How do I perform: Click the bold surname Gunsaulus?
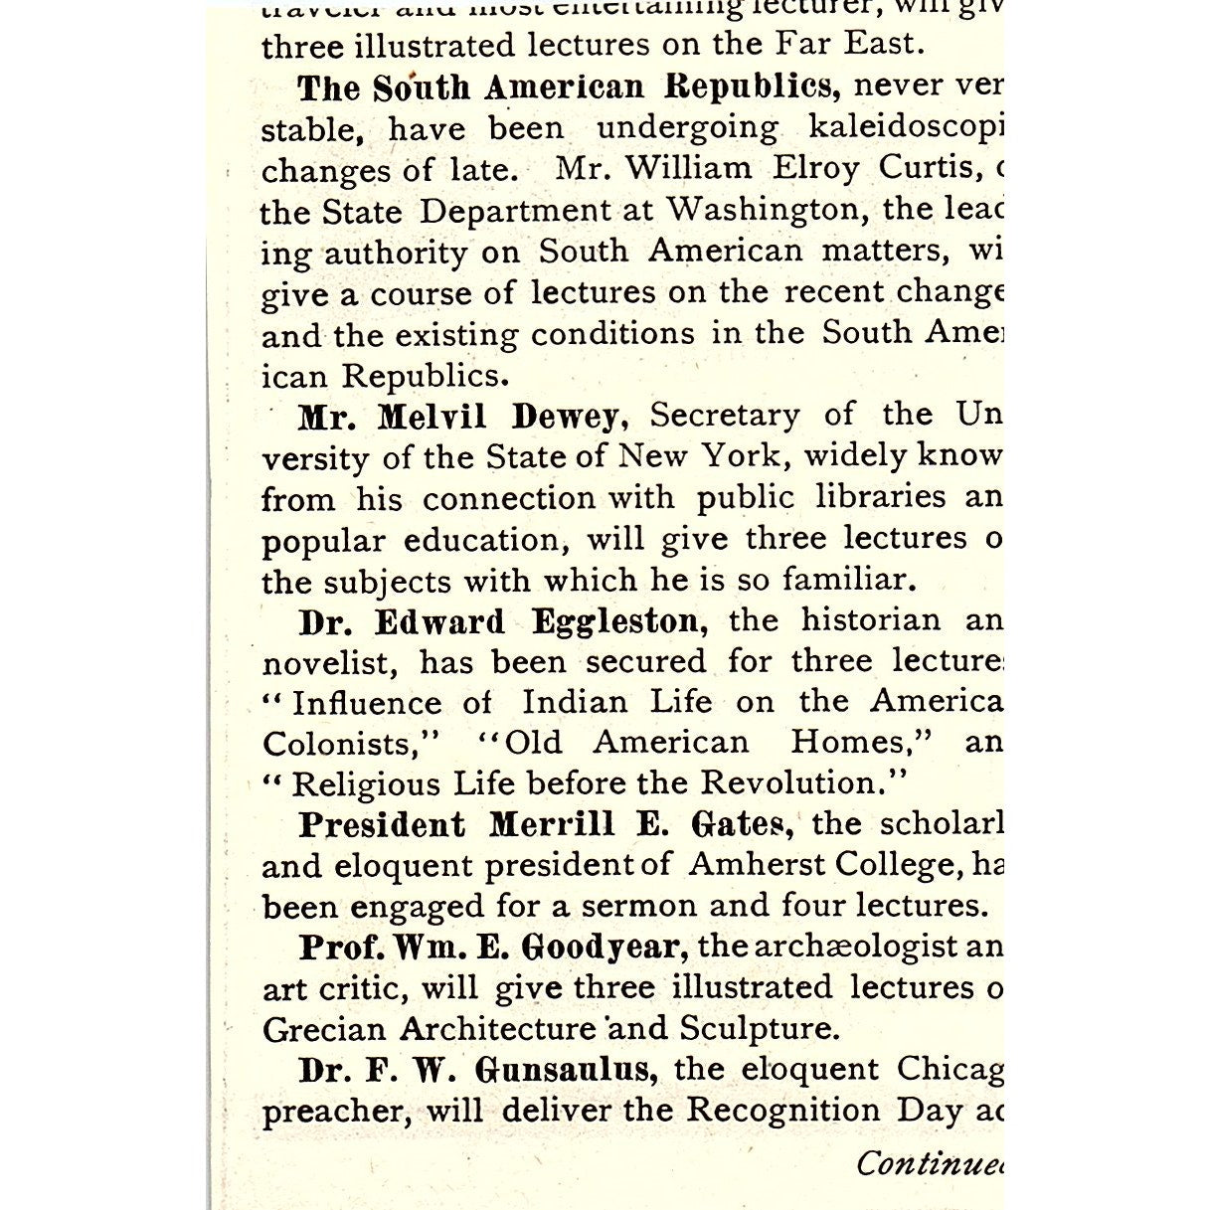click(x=565, y=1070)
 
